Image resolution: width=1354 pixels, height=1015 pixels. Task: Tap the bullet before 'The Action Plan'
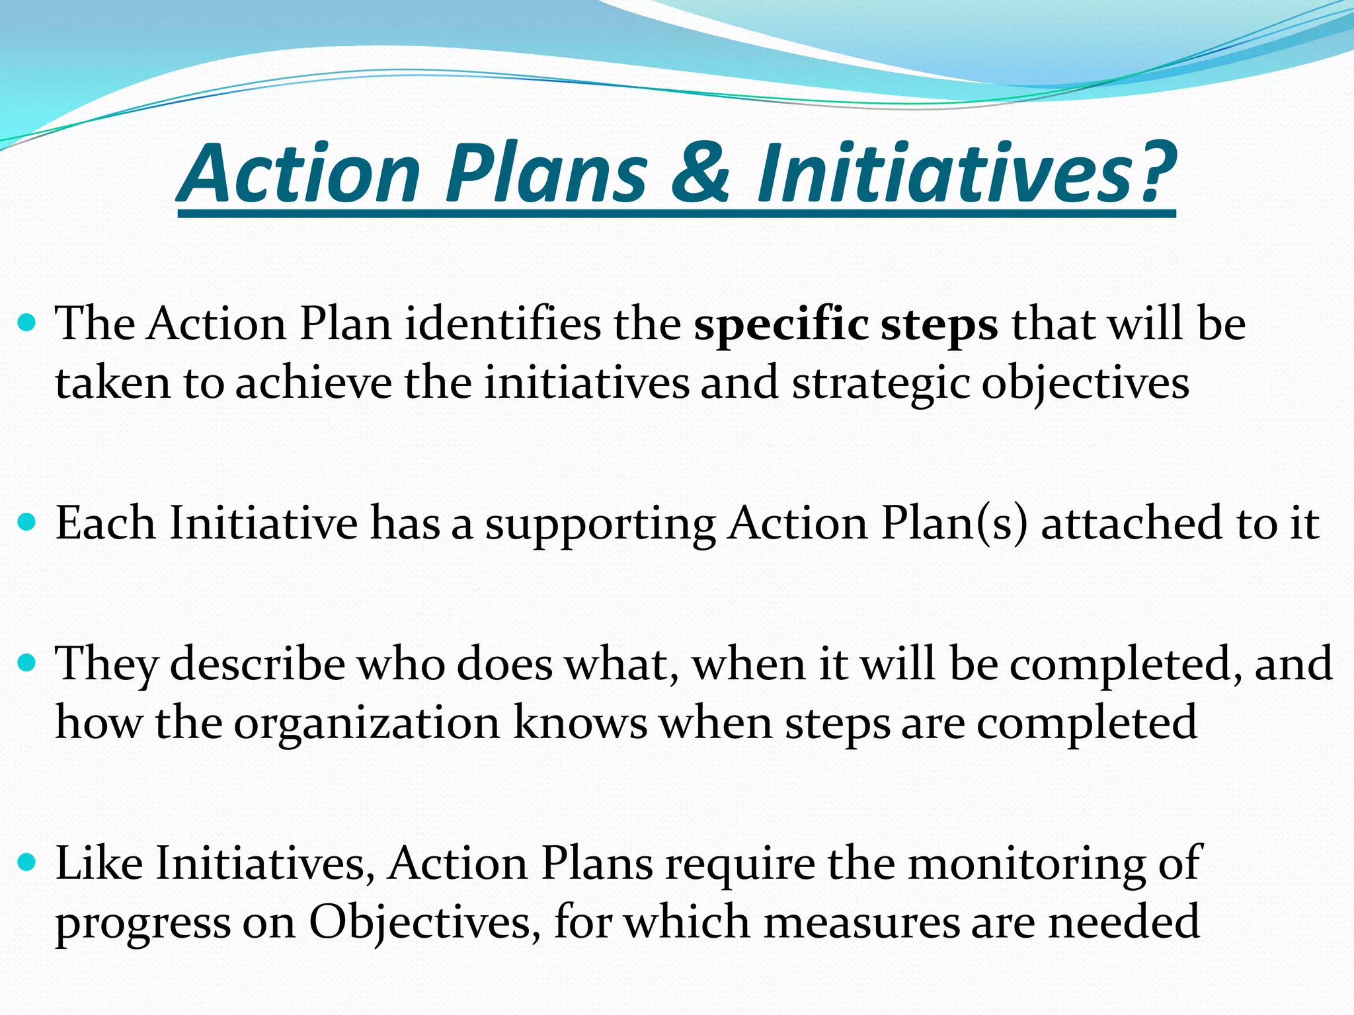pos(28,324)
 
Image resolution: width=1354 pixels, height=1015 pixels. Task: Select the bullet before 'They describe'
pos(28,663)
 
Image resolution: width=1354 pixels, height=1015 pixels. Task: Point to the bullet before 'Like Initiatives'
pos(28,863)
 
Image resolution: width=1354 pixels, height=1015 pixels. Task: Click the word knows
pos(580,722)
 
